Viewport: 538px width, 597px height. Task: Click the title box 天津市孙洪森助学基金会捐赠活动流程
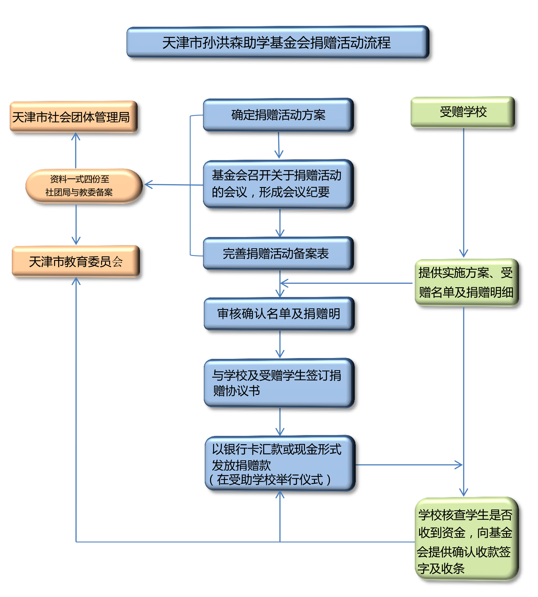coord(277,42)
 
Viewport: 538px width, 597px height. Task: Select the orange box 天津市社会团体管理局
coord(73,117)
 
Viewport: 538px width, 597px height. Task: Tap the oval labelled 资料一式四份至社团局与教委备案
coord(84,186)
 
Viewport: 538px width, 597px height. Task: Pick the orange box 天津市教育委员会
coord(76,261)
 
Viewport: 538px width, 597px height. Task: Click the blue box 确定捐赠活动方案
coord(278,115)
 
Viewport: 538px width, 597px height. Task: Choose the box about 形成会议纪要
coord(278,184)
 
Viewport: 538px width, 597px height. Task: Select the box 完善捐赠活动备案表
coord(278,253)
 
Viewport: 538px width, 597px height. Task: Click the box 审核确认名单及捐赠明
coord(279,313)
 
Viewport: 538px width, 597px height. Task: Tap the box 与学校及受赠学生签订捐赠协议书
coord(279,383)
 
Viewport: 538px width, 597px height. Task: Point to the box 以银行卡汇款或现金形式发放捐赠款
coord(280,463)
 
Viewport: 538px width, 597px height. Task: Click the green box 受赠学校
coord(463,112)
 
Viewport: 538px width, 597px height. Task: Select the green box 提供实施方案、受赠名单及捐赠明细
coord(466,282)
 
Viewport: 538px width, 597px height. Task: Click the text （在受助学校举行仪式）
coord(270,479)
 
